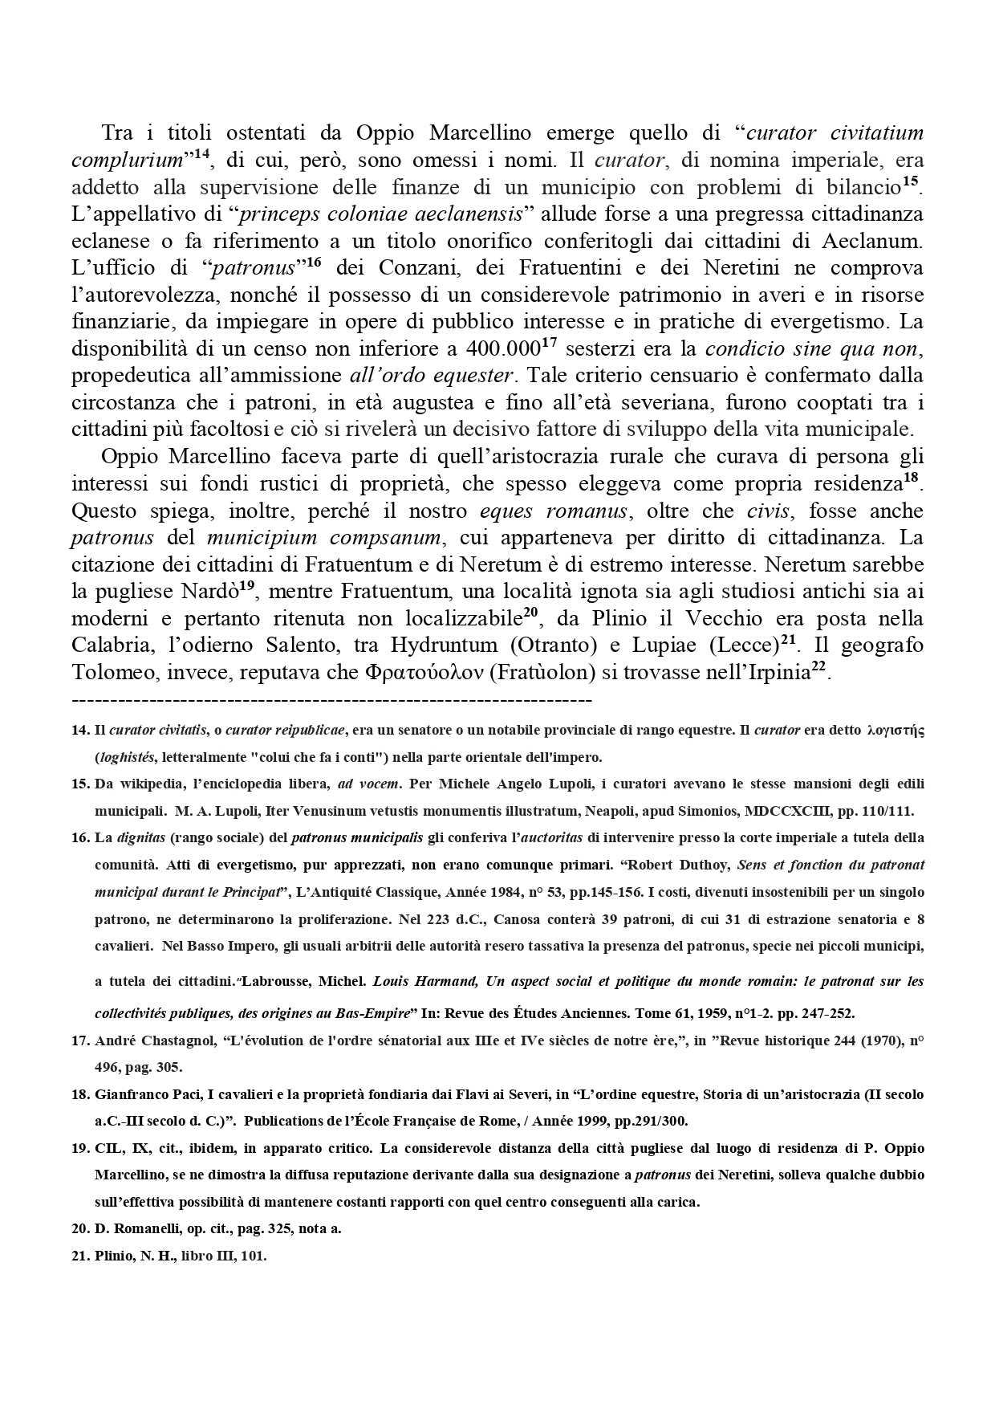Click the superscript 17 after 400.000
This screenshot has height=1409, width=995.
pyautogui.click(x=550, y=343)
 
